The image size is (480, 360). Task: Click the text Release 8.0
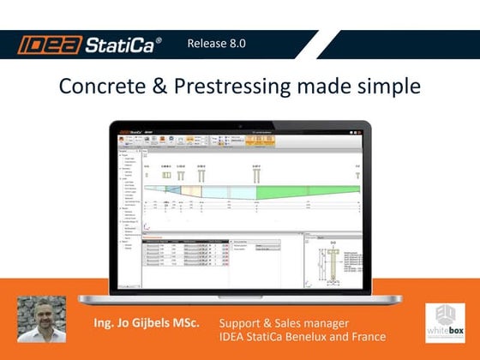[x=216, y=44]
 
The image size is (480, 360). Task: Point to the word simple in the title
[x=387, y=87]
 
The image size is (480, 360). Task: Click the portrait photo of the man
[x=41, y=320]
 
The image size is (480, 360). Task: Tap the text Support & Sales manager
[x=283, y=323]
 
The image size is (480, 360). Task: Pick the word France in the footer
[x=367, y=337]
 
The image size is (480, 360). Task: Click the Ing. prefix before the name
[x=105, y=324]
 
